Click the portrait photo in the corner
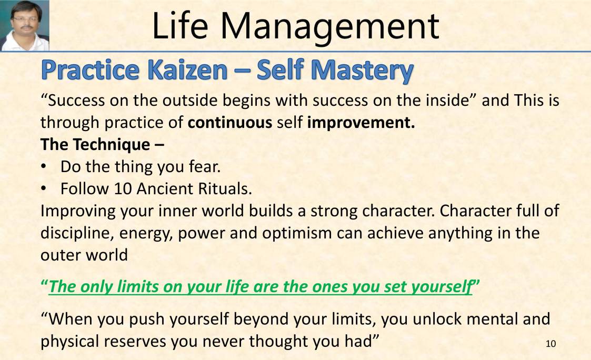coord(25,25)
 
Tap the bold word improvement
coord(361,123)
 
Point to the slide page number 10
coord(550,344)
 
